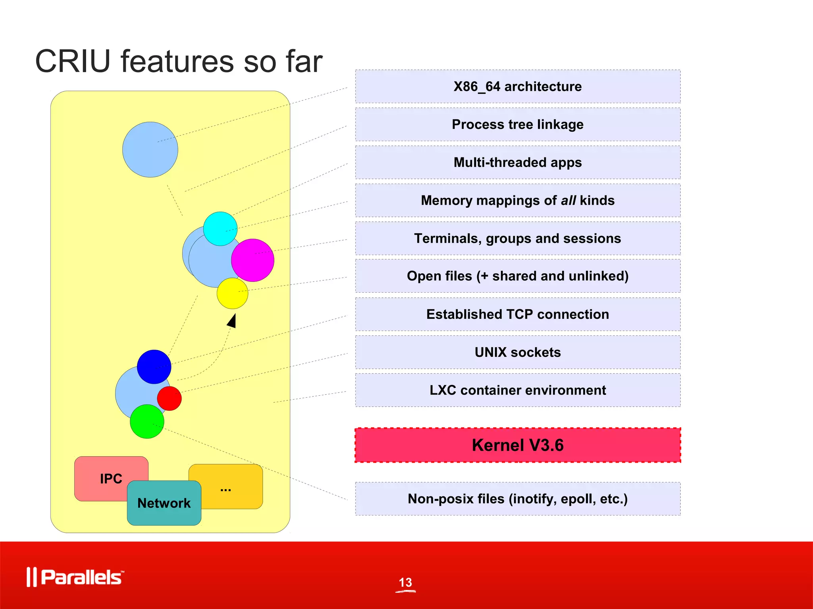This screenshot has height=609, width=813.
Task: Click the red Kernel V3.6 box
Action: (518, 445)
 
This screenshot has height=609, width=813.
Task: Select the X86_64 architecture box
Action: (518, 86)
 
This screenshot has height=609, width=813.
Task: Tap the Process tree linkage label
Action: (518, 124)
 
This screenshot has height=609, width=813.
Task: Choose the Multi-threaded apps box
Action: (518, 163)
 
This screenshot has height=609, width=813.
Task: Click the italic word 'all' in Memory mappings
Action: (568, 201)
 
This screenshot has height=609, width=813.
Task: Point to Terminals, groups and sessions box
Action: (518, 238)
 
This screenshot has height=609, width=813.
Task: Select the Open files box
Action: (518, 276)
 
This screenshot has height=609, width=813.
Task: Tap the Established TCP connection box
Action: (518, 314)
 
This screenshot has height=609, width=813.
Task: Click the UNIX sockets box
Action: (518, 352)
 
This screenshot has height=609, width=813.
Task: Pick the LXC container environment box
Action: (518, 390)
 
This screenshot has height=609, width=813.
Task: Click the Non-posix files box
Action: (518, 499)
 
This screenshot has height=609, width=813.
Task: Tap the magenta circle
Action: (253, 260)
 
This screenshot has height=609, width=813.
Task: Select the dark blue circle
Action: (154, 367)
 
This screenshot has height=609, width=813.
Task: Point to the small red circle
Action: (170, 398)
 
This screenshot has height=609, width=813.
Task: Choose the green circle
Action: (147, 421)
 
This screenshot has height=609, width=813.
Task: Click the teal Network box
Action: (164, 503)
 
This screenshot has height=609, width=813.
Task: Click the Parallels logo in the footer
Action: (75, 577)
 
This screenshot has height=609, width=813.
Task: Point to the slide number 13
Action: (405, 582)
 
